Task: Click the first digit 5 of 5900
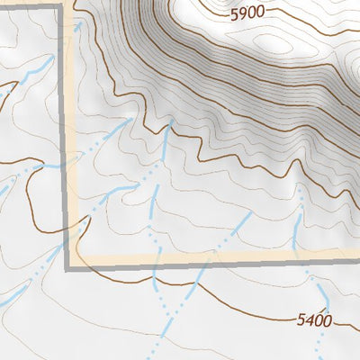236,13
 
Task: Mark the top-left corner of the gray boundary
62,6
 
